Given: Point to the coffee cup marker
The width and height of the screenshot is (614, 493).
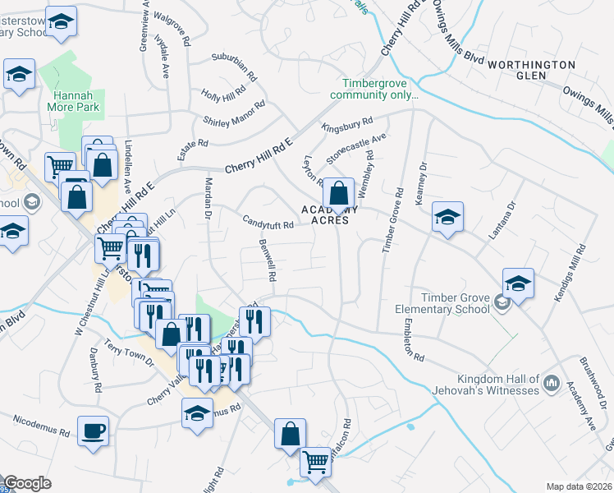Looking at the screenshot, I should (x=93, y=429).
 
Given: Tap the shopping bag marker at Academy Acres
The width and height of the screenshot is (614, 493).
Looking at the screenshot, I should (x=337, y=194).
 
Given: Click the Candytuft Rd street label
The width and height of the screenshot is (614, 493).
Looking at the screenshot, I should (x=268, y=221).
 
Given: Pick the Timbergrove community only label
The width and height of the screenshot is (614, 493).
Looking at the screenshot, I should (x=374, y=88).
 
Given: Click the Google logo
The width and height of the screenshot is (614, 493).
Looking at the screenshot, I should (x=27, y=483).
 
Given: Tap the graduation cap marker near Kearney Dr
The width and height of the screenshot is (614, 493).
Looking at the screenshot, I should (x=447, y=218).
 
